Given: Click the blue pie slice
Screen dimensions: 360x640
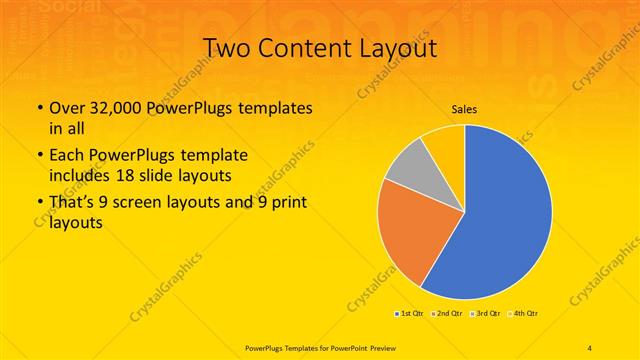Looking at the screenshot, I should tap(505, 215).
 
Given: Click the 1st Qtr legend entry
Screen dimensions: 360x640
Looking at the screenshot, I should tap(410, 313).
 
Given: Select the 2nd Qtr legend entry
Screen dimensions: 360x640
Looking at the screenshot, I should tap(445, 313).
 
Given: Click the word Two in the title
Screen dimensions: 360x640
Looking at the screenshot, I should tap(229, 48).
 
